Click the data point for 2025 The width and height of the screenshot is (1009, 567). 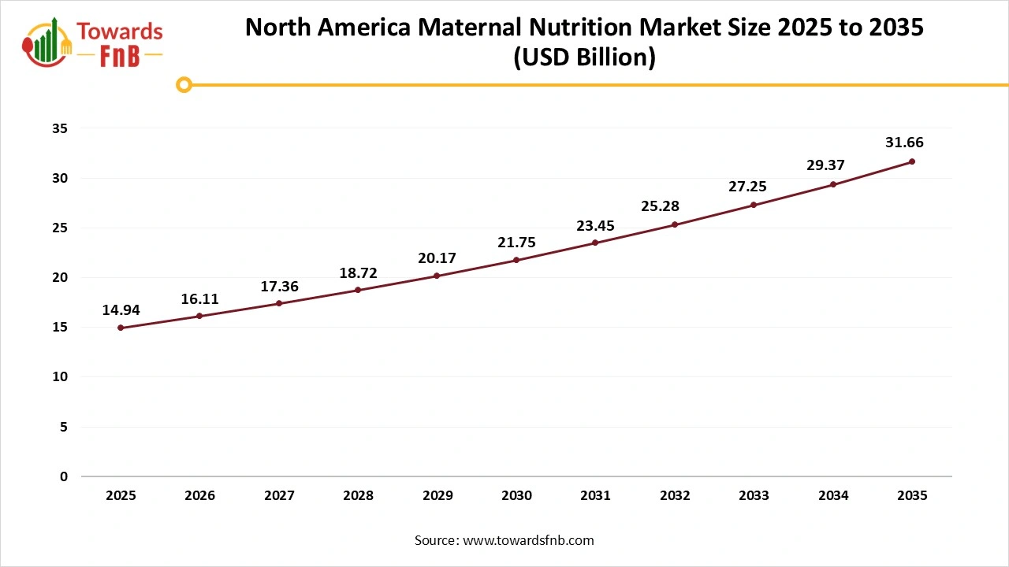121,328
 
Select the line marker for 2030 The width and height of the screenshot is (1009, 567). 516,260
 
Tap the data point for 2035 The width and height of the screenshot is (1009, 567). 912,161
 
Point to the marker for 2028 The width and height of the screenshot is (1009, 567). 358,290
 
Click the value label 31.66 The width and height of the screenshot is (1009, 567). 904,143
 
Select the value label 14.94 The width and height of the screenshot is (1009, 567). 121,309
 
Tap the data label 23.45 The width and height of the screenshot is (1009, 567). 595,226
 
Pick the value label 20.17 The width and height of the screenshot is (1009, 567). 437,258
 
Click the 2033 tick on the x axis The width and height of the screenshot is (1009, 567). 754,496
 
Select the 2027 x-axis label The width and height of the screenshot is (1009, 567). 279,496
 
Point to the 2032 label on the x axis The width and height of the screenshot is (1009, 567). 675,496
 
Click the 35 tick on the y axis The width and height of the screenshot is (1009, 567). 60,128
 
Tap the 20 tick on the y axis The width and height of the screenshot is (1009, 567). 60,277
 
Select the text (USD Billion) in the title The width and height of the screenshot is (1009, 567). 584,58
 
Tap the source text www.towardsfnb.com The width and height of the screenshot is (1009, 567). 527,540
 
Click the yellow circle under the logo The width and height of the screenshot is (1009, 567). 184,84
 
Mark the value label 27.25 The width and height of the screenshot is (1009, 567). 746,187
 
